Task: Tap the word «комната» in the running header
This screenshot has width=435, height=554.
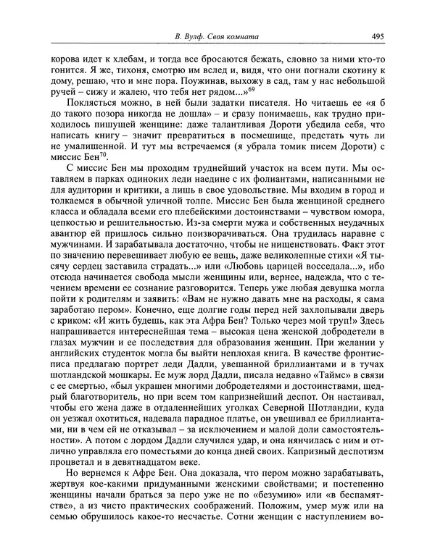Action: pyautogui.click(x=239, y=36)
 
